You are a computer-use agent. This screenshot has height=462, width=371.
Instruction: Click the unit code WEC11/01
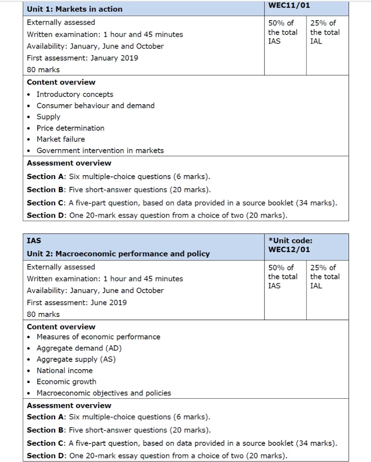[x=289, y=5]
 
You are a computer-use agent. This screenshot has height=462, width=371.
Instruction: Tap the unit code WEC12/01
[x=289, y=249]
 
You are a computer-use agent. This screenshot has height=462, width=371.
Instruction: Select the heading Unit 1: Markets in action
[x=74, y=9]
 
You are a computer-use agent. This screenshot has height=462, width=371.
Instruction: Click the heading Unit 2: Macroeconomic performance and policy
[x=118, y=254]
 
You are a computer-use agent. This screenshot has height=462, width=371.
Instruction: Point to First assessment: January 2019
[x=82, y=58]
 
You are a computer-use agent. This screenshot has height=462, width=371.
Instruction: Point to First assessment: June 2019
[x=77, y=302]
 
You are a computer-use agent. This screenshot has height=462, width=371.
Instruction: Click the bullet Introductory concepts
[x=75, y=94]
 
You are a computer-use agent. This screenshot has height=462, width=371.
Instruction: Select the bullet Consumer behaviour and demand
[x=95, y=106]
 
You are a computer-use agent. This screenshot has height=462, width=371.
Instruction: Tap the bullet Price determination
[x=70, y=128]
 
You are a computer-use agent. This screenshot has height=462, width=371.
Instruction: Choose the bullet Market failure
[x=60, y=139]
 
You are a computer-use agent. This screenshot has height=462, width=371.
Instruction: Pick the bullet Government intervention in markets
[x=100, y=150]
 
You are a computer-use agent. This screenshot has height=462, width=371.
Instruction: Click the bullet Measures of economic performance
[x=98, y=337]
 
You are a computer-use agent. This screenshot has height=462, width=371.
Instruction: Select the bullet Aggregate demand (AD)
[x=79, y=348]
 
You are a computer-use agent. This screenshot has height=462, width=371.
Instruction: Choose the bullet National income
[x=65, y=370]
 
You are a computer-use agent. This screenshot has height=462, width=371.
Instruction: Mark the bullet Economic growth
[x=66, y=382]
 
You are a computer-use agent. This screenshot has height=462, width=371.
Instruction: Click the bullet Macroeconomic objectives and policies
[x=104, y=393]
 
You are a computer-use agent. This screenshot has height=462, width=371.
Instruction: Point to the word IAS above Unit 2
[x=34, y=241]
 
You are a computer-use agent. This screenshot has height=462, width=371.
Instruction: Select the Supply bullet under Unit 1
[x=48, y=117]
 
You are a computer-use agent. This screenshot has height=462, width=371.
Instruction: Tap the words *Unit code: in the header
[x=290, y=241]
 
